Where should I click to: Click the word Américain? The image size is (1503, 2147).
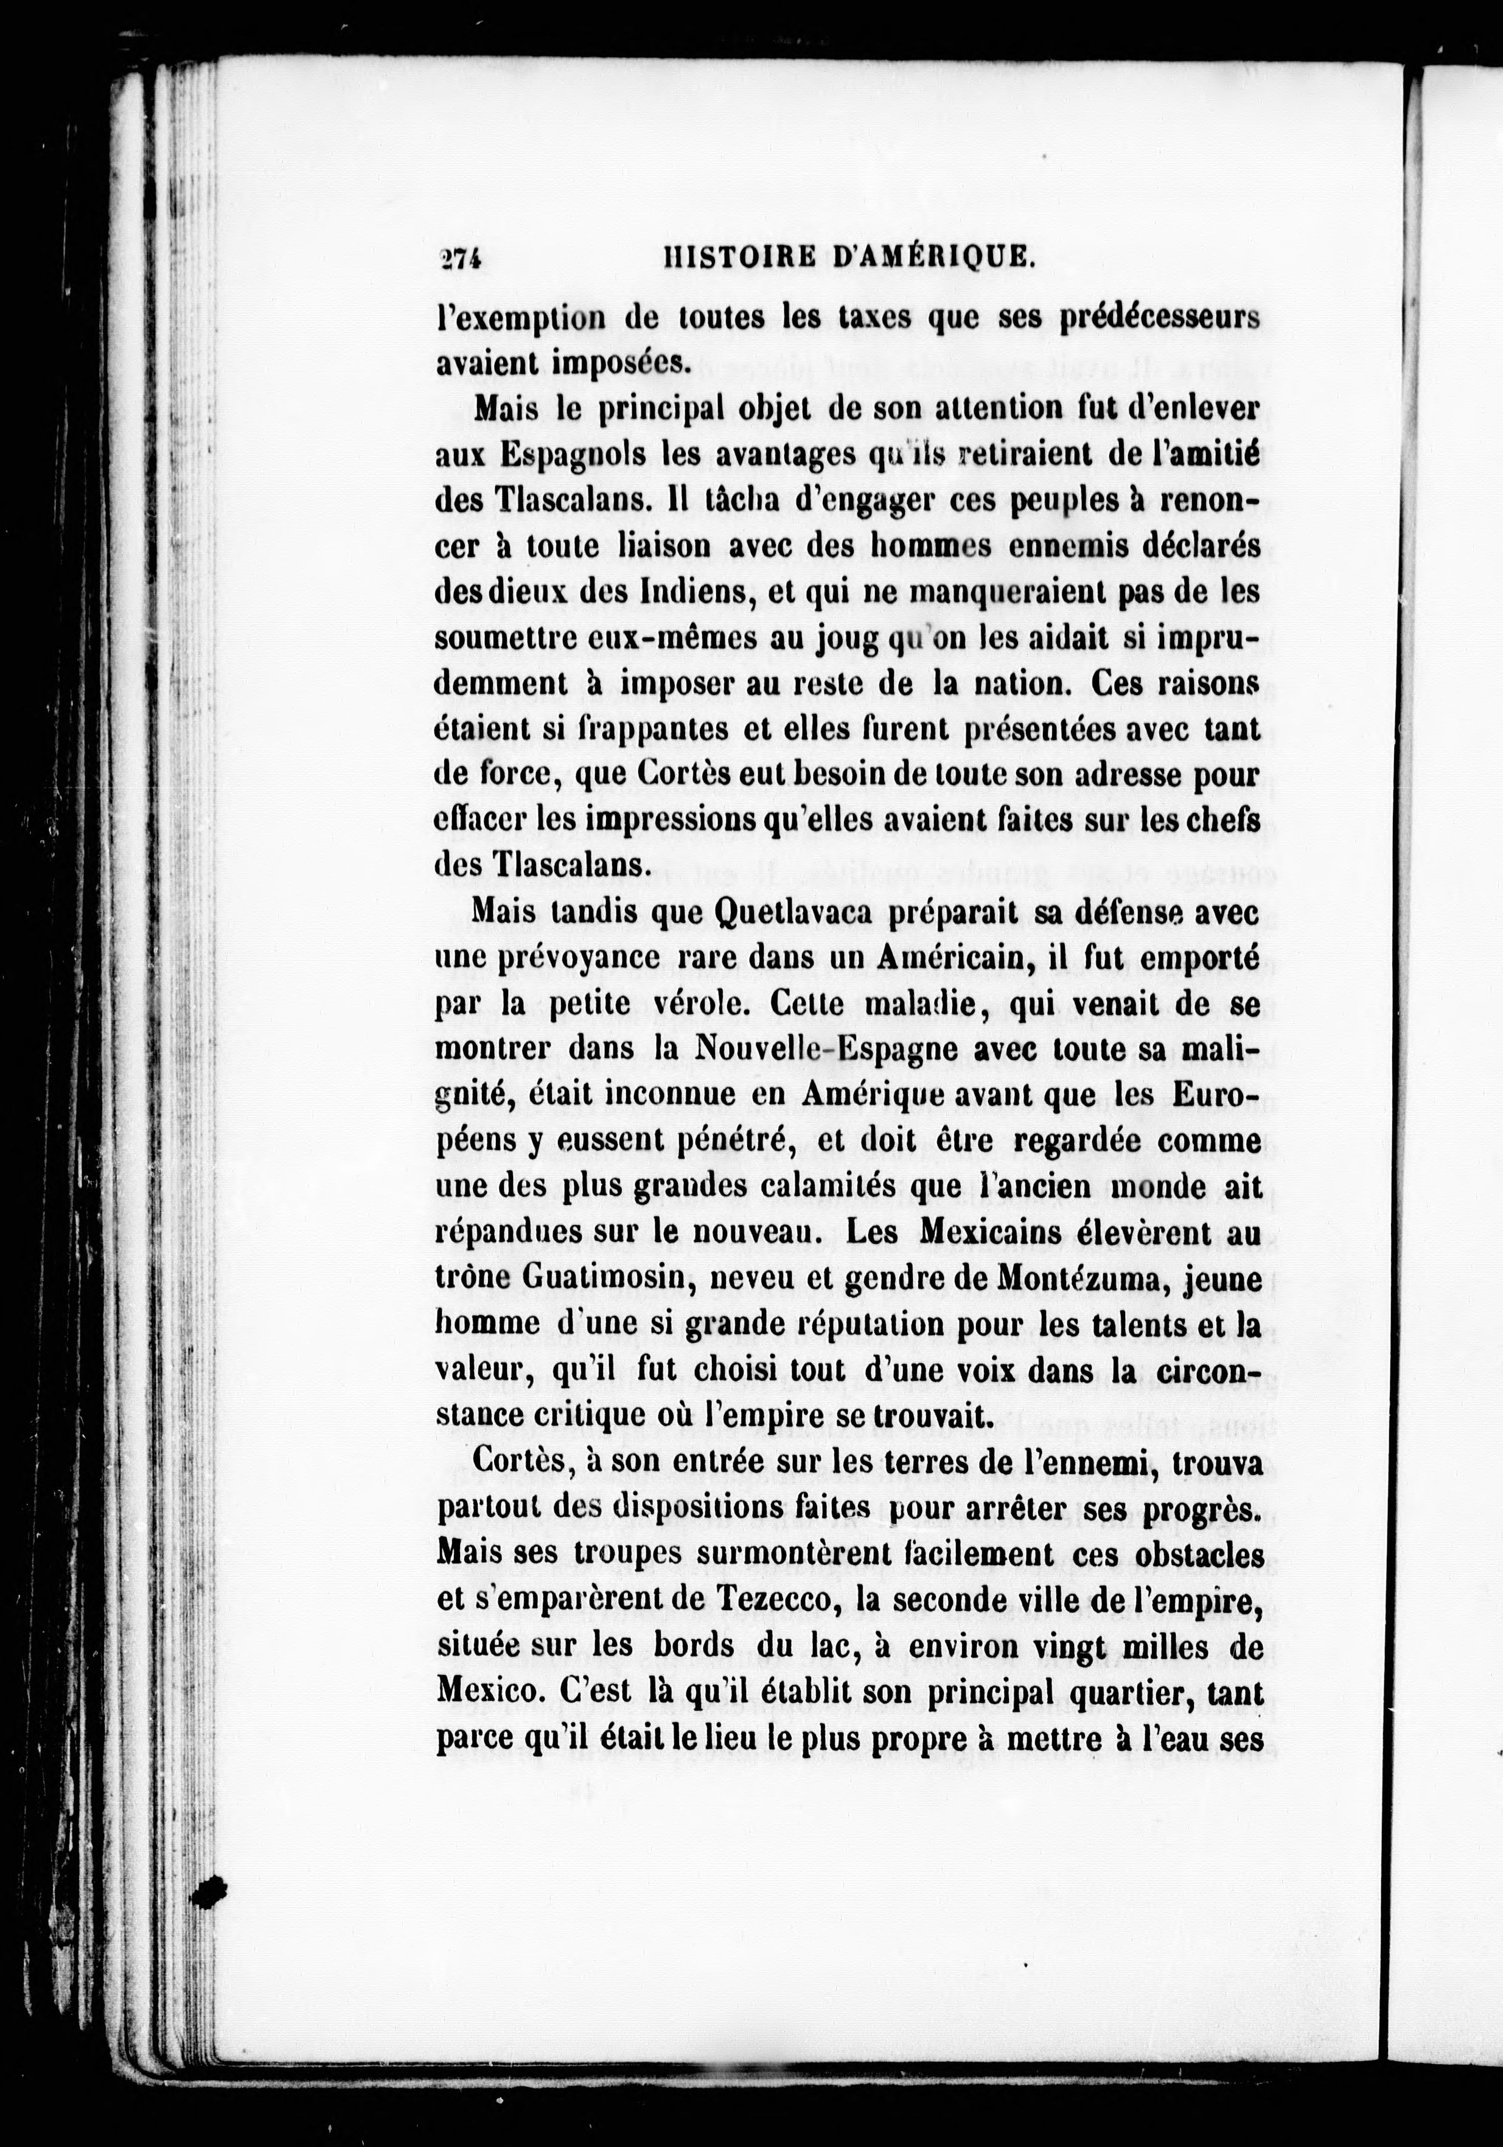pyautogui.click(x=955, y=957)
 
